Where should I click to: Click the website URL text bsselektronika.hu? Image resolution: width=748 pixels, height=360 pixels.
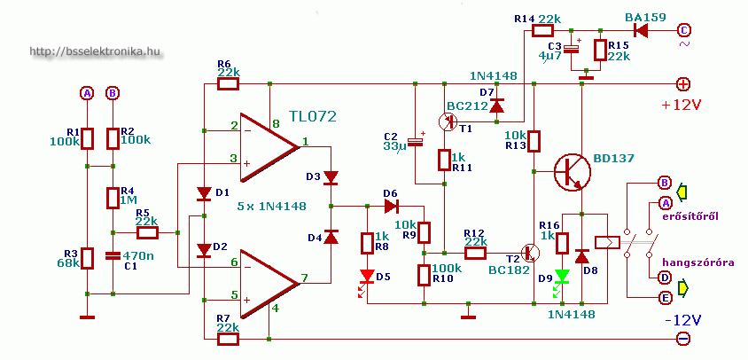coord(95,52)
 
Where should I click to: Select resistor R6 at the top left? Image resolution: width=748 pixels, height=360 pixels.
coord(228,84)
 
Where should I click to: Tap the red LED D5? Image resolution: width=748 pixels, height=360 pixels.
coord(367,277)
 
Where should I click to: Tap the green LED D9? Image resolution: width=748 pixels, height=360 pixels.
coord(560,276)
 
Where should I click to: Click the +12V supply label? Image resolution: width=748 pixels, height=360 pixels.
coord(681,105)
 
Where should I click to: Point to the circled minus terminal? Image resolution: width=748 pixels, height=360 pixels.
coord(683,339)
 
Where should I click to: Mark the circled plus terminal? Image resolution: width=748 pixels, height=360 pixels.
coord(683,84)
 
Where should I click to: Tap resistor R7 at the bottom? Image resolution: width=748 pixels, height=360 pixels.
coord(228,339)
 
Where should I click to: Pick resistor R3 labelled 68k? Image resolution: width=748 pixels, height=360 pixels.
coord(86,257)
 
